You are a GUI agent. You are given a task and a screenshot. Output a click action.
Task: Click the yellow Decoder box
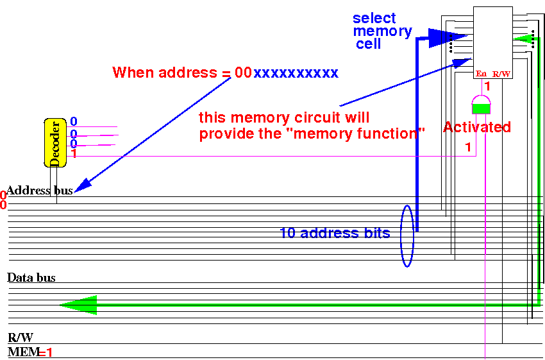55,142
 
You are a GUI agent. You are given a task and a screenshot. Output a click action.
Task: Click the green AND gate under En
480,105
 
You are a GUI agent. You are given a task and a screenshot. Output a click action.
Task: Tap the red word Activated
477,127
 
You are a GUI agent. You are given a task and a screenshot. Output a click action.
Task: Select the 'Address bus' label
39,191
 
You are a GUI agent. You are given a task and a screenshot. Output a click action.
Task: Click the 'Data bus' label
31,278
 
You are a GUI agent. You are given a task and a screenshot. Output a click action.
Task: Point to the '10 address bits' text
335,233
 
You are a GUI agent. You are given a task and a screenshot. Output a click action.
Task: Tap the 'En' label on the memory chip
482,74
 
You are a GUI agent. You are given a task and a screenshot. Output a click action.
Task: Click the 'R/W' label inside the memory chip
501,74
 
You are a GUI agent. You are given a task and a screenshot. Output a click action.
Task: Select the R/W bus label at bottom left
21,338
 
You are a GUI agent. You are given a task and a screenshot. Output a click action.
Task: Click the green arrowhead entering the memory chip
525,40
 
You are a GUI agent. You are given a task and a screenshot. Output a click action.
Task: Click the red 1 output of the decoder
74,154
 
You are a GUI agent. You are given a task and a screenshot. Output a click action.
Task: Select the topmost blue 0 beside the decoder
74,121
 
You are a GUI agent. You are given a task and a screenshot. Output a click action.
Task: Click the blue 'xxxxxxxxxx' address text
296,73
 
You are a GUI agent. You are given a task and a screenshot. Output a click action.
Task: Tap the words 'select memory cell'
382,31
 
